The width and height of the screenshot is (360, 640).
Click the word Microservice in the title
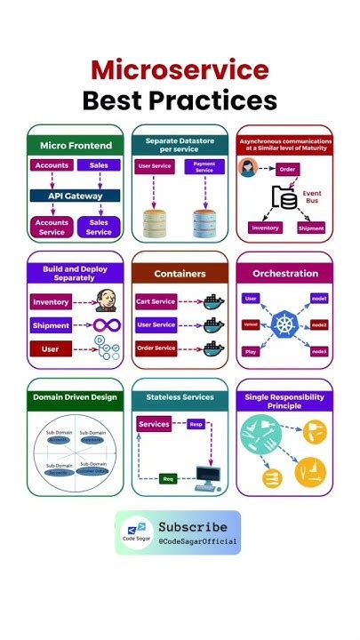click(180, 69)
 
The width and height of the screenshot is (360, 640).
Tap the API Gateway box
click(75, 196)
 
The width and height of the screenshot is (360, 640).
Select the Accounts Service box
click(52, 227)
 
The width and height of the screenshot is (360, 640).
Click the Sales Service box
click(99, 227)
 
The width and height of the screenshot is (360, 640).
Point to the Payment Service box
click(204, 166)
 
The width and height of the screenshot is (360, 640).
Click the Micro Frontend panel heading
click(76, 144)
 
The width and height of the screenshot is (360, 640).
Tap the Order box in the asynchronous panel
click(287, 169)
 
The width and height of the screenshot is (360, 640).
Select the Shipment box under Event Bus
click(311, 228)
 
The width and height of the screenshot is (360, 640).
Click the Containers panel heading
click(180, 274)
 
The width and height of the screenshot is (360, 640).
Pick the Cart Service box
click(156, 301)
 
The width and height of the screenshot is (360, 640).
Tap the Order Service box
click(156, 348)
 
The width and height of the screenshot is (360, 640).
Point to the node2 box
click(318, 325)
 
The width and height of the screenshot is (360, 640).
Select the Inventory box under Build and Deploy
click(50, 302)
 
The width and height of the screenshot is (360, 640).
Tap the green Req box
click(167, 478)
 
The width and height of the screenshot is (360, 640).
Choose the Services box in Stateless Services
click(154, 424)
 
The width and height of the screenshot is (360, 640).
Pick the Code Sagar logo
click(136, 532)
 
